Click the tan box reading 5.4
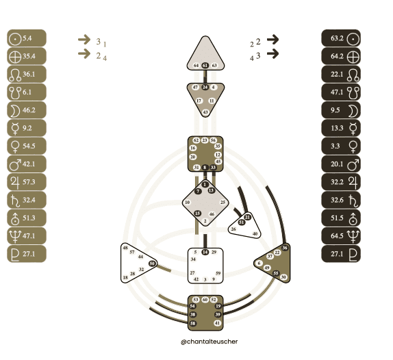point(26,38)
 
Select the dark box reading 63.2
point(343,38)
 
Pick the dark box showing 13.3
point(343,128)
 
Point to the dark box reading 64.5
point(343,235)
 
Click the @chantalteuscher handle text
point(205,341)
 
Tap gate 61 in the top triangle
point(205,65)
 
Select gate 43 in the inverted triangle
point(205,111)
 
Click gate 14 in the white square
point(205,253)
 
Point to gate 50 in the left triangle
point(152,263)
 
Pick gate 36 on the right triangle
point(285,247)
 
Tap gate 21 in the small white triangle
point(248,217)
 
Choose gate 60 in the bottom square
point(205,300)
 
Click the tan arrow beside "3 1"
point(84,40)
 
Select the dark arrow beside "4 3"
point(272,53)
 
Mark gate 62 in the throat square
point(196,140)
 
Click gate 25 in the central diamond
point(223,203)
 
